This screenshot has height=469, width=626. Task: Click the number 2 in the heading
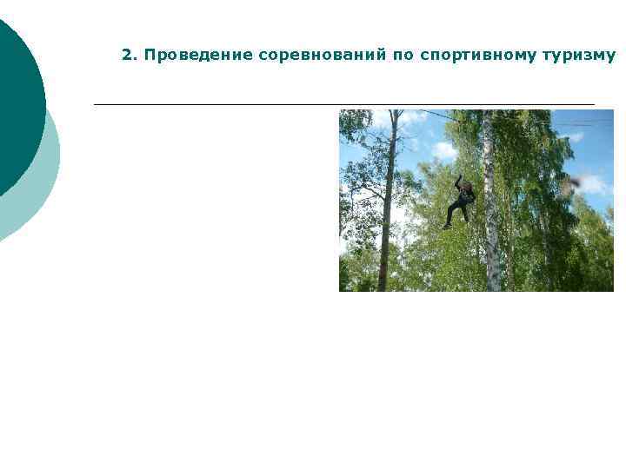(x=126, y=56)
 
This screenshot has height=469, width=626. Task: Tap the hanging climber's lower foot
(x=447, y=226)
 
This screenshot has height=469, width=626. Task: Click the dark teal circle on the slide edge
(x=13, y=104)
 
